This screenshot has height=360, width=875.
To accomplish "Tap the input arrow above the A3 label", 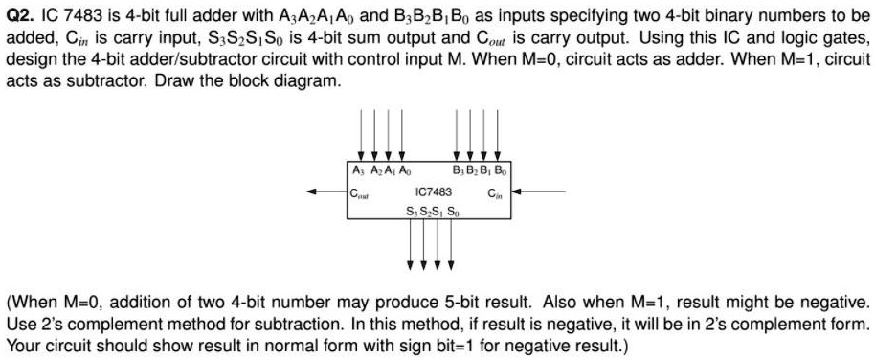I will click(361, 134).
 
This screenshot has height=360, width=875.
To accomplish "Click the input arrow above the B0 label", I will click(499, 134).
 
